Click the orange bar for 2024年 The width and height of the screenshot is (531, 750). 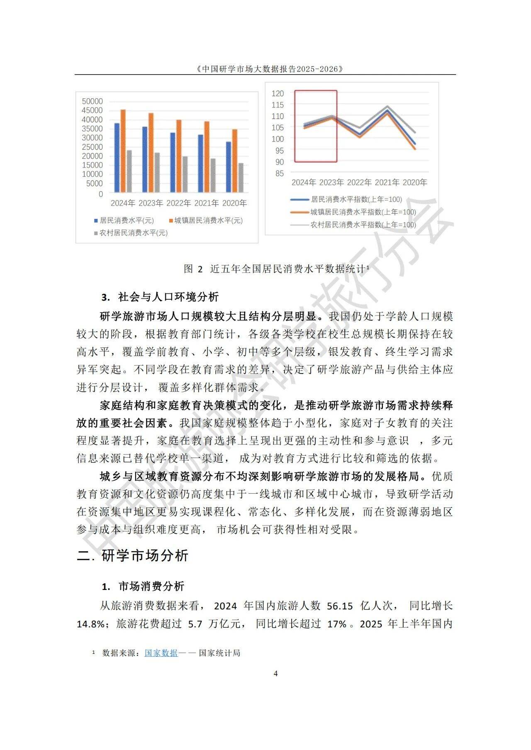pos(123,151)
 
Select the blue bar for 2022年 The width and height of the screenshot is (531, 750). pos(173,163)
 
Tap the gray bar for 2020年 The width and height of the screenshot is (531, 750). pos(241,178)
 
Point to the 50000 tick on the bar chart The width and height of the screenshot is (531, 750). pos(92,102)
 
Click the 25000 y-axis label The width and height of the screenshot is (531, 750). pos(92,147)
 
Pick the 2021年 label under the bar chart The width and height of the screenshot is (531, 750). pos(206,203)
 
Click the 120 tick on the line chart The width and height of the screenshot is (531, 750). pos(278,94)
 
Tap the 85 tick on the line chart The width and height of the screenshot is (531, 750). pos(279,174)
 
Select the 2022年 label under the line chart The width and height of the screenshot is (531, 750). pos(359,182)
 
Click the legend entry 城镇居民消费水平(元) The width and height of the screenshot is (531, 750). pos(208,221)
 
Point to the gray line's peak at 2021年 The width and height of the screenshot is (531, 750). pos(387,107)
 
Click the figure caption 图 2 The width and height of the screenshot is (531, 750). pos(193,269)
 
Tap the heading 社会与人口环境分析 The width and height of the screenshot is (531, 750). pos(168,297)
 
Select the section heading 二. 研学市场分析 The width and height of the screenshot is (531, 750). pos(133,556)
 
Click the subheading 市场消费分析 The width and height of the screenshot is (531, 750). pos(151,586)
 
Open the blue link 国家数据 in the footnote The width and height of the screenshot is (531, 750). pos(161,653)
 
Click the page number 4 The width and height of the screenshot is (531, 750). pos(276,674)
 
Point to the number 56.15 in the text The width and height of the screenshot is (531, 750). pos(340,606)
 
